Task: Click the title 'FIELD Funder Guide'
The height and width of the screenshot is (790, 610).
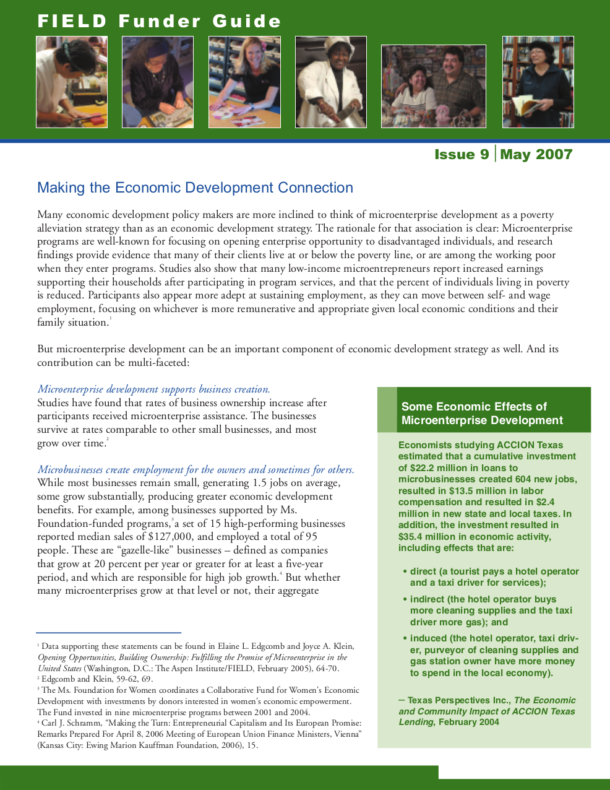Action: point(159,22)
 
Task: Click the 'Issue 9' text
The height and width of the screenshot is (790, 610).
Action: point(462,155)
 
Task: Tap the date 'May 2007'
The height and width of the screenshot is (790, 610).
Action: point(536,155)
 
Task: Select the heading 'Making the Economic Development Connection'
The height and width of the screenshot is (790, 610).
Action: point(195,188)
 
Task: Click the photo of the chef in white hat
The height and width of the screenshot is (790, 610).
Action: point(331,82)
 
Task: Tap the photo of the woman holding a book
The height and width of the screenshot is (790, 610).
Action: point(538,82)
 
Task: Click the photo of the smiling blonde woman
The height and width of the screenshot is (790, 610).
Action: point(244,82)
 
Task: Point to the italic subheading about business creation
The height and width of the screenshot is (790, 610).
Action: point(153,389)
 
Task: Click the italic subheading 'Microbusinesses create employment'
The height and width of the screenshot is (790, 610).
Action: point(195,470)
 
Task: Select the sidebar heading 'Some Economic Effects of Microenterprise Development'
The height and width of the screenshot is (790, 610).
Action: point(482,414)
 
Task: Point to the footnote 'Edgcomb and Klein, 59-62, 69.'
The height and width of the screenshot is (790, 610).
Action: point(97,679)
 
